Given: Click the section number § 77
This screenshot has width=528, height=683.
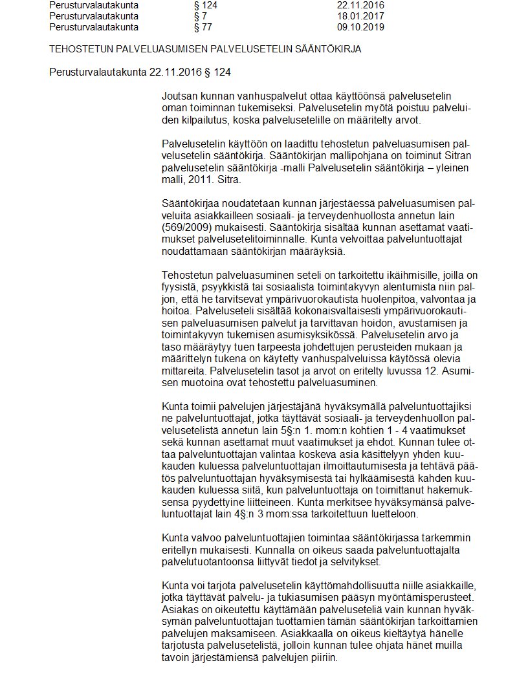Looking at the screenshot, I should pyautogui.click(x=203, y=27).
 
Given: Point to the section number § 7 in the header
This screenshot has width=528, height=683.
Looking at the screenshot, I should pyautogui.click(x=200, y=16).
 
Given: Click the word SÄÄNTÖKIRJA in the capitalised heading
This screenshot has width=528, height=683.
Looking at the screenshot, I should pyautogui.click(x=327, y=49).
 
